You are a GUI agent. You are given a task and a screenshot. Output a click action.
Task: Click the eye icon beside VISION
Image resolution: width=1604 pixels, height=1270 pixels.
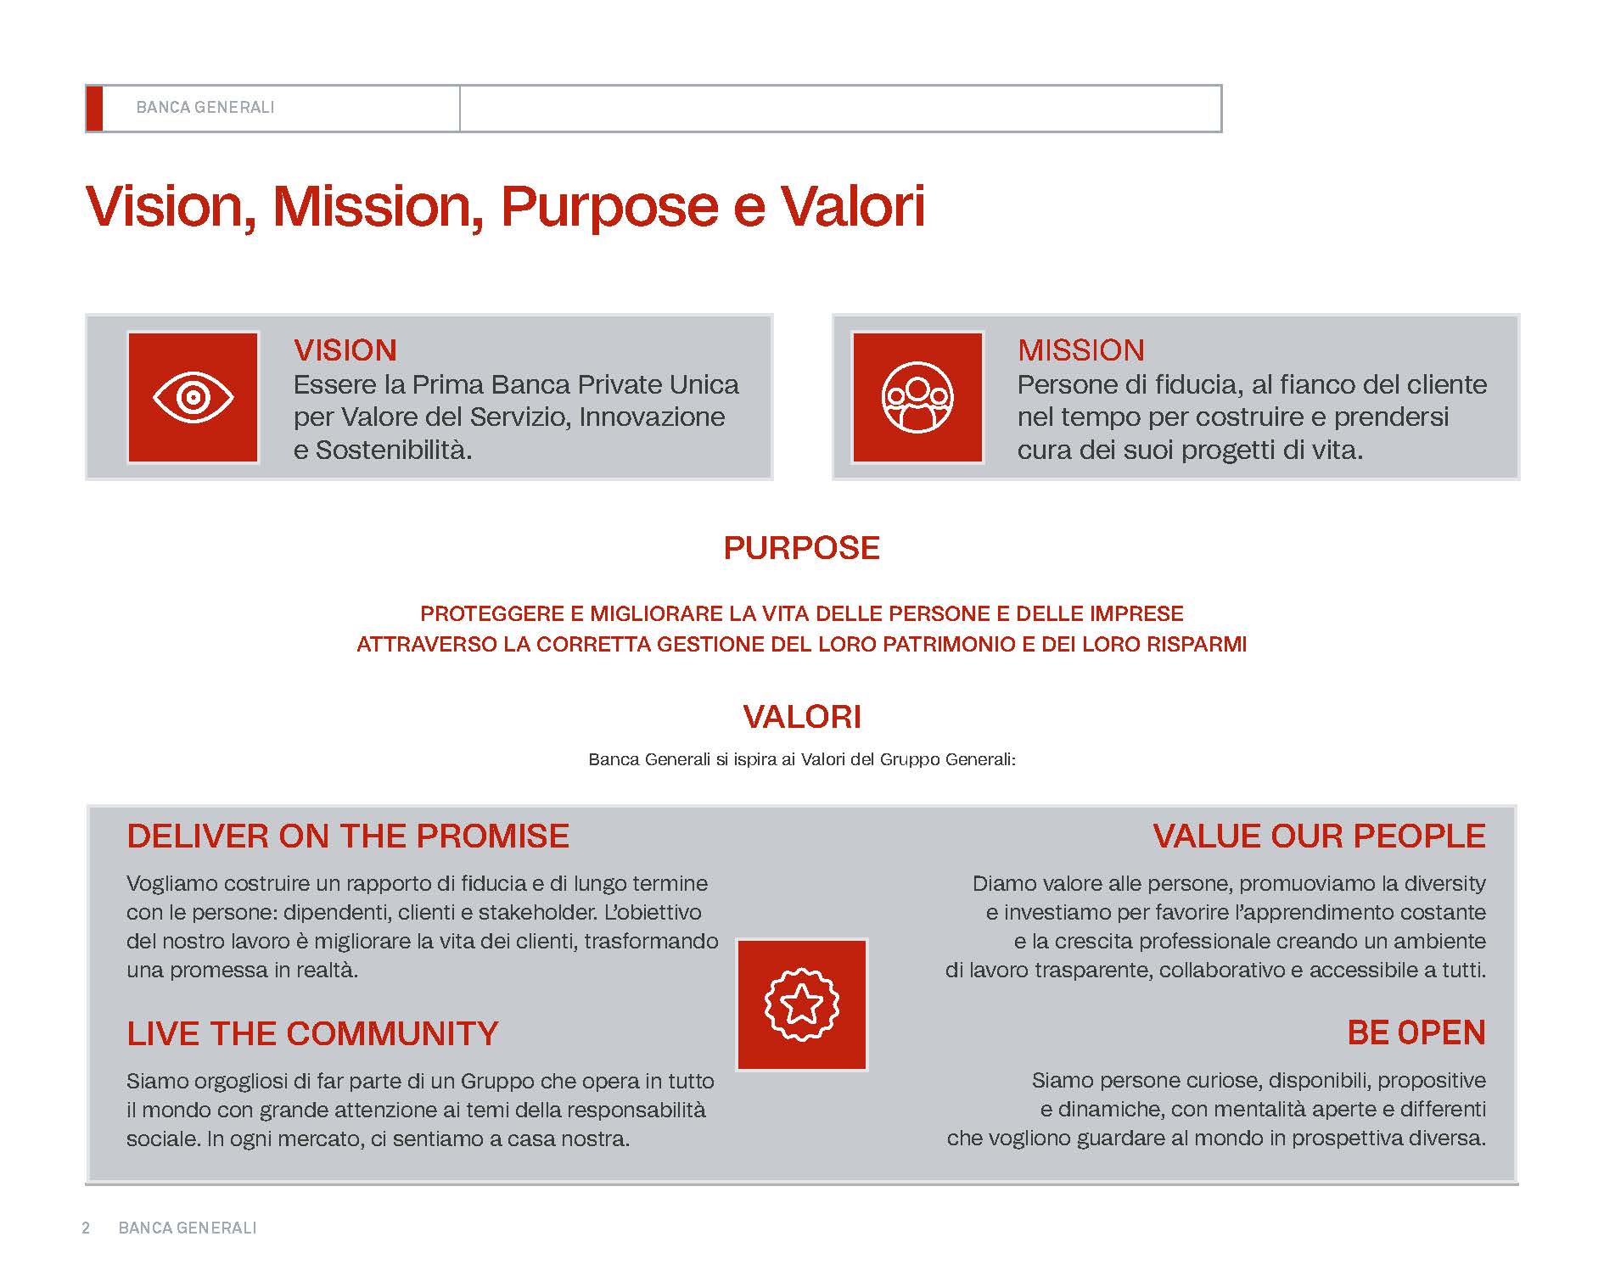coord(193,397)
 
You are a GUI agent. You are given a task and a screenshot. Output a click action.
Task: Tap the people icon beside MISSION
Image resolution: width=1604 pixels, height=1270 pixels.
coord(917,397)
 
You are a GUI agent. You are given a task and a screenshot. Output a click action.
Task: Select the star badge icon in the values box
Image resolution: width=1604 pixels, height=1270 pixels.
coord(802,1004)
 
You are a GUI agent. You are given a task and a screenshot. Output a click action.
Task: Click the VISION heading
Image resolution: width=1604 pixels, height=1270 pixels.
coord(345,350)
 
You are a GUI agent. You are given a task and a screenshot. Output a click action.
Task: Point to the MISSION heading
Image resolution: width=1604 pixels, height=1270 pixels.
coord(1081,350)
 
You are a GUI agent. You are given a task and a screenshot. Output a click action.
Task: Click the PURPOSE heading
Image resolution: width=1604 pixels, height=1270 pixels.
coord(802,548)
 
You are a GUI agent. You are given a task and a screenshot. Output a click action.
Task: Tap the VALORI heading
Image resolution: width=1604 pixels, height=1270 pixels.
coord(802,717)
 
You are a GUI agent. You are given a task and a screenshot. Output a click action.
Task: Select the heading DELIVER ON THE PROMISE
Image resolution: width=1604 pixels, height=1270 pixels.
coord(348,836)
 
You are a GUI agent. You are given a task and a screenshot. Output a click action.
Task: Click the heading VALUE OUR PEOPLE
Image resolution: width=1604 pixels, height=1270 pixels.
coord(1319,836)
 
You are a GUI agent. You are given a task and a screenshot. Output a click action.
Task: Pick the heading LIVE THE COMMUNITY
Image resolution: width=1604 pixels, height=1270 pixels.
coord(312,1033)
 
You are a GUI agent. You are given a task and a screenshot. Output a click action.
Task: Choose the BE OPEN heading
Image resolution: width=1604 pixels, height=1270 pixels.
coord(1416,1032)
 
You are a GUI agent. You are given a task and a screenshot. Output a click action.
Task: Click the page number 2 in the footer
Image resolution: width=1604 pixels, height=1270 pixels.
coord(86,1228)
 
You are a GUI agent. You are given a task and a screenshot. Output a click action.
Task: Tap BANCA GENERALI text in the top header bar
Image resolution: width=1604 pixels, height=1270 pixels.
coord(205,108)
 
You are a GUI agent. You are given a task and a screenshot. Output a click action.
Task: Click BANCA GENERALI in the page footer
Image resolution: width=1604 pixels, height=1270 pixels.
coord(188,1228)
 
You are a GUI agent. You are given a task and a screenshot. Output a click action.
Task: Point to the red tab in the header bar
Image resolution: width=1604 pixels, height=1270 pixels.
coord(94,109)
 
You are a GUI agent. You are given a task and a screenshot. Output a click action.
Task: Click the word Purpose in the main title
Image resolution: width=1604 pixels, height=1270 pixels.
coord(609,207)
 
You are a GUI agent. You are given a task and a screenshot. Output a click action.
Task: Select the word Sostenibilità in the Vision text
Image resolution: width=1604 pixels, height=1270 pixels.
coord(394,450)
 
